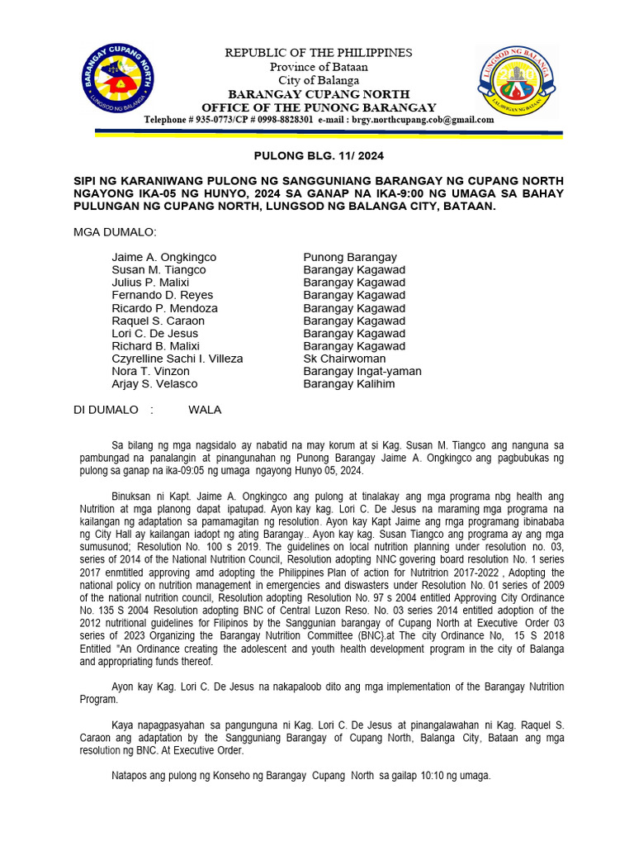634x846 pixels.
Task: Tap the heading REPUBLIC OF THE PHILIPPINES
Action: pyautogui.click(x=319, y=53)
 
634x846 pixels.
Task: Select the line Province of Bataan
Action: pyautogui.click(x=319, y=67)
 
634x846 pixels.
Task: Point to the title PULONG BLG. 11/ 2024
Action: pyautogui.click(x=319, y=155)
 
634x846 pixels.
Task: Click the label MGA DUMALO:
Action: pyautogui.click(x=115, y=231)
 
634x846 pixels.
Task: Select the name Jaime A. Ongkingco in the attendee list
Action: pyautogui.click(x=163, y=257)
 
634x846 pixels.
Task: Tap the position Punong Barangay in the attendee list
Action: pyautogui.click(x=350, y=257)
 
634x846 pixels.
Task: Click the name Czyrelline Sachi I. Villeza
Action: pyautogui.click(x=177, y=359)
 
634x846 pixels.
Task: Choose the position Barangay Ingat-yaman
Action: pyautogui.click(x=362, y=371)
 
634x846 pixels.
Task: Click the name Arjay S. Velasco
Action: pyautogui.click(x=154, y=383)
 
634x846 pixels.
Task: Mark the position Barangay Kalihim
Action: pyautogui.click(x=348, y=383)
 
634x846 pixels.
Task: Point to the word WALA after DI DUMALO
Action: pyautogui.click(x=205, y=410)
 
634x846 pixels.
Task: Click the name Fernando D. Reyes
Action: pyautogui.click(x=162, y=295)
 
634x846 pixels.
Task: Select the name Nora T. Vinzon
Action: pyautogui.click(x=150, y=371)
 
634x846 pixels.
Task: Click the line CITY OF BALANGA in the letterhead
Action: pyautogui.click(x=319, y=80)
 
